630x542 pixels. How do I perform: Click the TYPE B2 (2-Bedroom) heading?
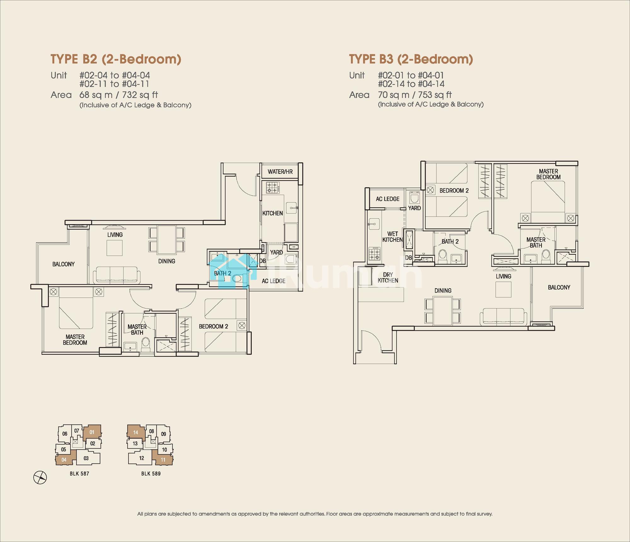coord(116,59)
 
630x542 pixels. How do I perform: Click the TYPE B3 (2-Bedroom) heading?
coord(411,59)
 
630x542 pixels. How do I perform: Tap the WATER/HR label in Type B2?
coord(280,172)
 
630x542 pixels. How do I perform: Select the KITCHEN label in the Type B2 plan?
coord(272,213)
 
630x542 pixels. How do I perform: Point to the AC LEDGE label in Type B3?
coord(387,199)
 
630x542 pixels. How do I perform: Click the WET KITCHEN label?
coord(392,237)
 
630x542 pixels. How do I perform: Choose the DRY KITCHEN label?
coord(388,278)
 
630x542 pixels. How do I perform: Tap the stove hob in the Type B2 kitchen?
coord(273,188)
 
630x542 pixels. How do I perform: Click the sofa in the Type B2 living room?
coord(117,274)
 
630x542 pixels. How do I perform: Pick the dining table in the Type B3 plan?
coord(443,311)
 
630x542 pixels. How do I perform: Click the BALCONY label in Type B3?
coord(559,287)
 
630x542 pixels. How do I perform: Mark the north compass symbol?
coord(40,477)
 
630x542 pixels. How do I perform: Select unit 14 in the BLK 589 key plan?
coord(136,432)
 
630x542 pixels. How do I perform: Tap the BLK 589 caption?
coord(151,474)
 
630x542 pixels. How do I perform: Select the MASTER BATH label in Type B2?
coord(137,330)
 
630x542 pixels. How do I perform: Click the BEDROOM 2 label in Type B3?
coord(454,191)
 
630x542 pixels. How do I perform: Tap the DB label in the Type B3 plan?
coord(408,258)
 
